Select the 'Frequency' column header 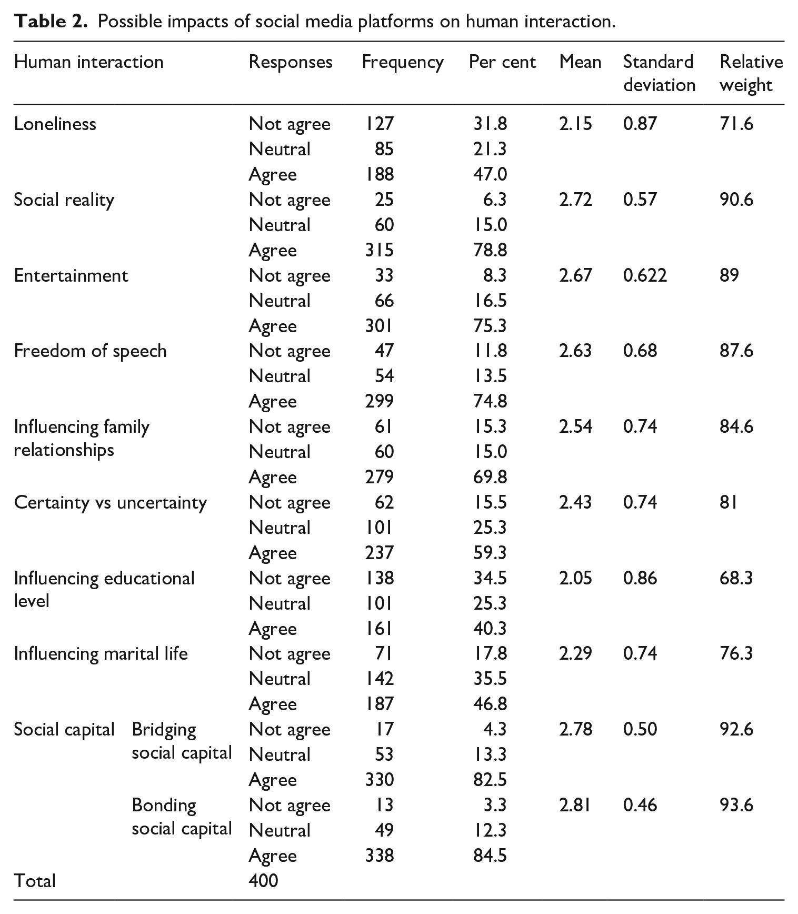coord(403,63)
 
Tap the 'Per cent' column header coord(502,62)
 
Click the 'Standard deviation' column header coord(660,73)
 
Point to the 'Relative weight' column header coord(751,73)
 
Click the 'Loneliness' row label coord(55,124)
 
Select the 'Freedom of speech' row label coord(90,351)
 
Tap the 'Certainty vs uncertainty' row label coord(111,502)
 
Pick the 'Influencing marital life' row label coord(101,653)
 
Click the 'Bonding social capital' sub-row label coord(182,817)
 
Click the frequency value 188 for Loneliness coord(379,174)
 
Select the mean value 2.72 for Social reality coord(575,200)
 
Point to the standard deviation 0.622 coord(645,275)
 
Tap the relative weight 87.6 coord(736,351)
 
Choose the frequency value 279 coord(379,477)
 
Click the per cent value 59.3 coord(490,553)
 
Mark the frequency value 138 coord(379,578)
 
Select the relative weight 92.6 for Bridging coord(736,729)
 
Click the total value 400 coord(263,881)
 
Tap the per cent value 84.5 coord(490,856)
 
